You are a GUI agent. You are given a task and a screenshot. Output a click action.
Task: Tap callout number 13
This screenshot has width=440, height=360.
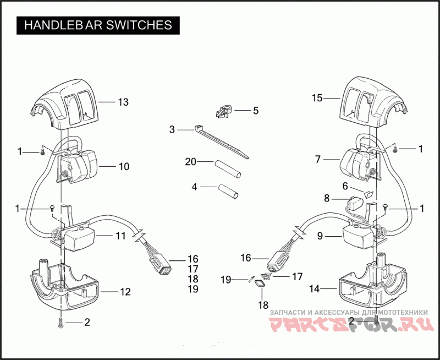point(123,102)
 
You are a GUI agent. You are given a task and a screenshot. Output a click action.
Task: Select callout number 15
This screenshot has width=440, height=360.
point(317,98)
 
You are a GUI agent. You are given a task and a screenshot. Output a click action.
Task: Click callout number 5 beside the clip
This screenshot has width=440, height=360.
point(255,111)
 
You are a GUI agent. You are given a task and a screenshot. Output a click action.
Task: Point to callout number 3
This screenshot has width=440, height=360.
point(172,130)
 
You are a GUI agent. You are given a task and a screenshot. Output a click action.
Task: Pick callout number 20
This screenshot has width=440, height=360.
point(190,162)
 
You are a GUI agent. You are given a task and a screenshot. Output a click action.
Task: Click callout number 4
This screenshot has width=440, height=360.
point(194,187)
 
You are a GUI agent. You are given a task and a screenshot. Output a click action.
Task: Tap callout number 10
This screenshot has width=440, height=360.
point(124,166)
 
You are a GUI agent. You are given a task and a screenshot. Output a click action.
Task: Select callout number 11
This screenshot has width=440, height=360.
point(120,236)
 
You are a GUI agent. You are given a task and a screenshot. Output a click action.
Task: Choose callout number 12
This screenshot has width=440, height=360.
point(125,292)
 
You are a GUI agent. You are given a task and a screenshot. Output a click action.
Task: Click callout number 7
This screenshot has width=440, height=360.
point(318,160)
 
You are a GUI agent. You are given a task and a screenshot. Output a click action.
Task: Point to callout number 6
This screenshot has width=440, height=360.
point(345,186)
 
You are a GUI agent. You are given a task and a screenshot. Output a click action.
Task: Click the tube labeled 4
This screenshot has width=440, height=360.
point(228,190)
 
